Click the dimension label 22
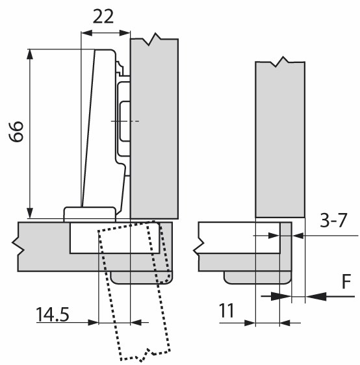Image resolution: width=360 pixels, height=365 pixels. pyautogui.click(x=103, y=16)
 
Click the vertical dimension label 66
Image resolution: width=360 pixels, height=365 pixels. pyautogui.click(x=16, y=131)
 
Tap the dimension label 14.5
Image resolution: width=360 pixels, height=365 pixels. pyautogui.click(x=53, y=314)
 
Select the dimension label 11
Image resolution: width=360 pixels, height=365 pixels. pyautogui.click(x=226, y=310)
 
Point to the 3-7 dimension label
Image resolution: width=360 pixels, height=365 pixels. pyautogui.click(x=333, y=220)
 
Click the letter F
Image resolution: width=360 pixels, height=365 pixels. pyautogui.click(x=346, y=281)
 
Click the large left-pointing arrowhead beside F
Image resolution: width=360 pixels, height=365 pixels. pyautogui.click(x=316, y=296)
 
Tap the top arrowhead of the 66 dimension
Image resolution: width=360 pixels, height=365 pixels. pyautogui.click(x=29, y=55)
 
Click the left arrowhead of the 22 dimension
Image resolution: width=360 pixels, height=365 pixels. pyautogui.click(x=86, y=33)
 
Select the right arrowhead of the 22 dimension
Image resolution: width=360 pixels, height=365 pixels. pyautogui.click(x=124, y=33)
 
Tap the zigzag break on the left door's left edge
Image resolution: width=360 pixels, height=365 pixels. pyautogui.click(x=18, y=247)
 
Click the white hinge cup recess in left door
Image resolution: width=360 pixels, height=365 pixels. pyautogui.click(x=115, y=238)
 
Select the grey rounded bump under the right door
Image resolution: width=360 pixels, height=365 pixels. pyautogui.click(x=257, y=278)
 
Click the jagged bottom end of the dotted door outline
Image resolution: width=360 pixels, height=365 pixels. pyautogui.click(x=145, y=355)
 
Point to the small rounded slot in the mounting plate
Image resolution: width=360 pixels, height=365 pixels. pyautogui.click(x=125, y=121)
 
